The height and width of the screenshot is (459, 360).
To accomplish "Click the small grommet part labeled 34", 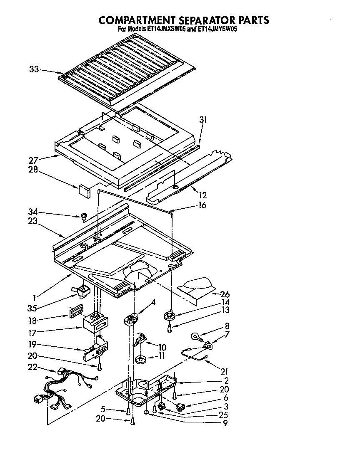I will [83, 216].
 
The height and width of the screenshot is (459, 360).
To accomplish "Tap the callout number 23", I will [34, 222].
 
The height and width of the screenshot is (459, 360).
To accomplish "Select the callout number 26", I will [225, 294].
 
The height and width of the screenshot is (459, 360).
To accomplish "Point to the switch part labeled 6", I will [180, 407].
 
